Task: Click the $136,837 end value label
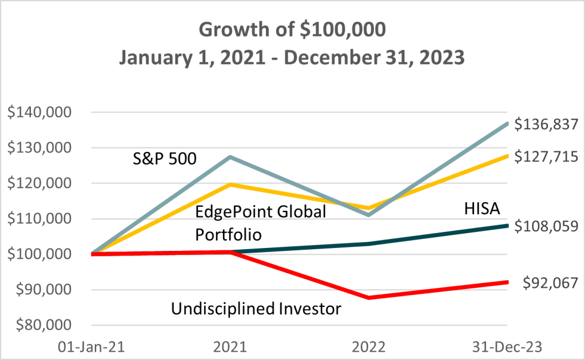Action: pos(546,124)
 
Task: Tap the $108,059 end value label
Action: pos(546,226)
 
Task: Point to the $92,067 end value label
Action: pos(549,282)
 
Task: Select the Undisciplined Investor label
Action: pos(256,309)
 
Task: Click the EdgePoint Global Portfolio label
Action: pos(261,223)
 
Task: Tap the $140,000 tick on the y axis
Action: pos(45,113)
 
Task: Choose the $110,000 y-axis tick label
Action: pos(45,219)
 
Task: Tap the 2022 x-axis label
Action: pos(369,347)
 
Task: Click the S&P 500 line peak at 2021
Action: pos(230,157)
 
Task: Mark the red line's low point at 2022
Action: pos(369,298)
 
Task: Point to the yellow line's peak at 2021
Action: pos(230,184)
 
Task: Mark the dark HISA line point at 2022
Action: pos(369,243)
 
